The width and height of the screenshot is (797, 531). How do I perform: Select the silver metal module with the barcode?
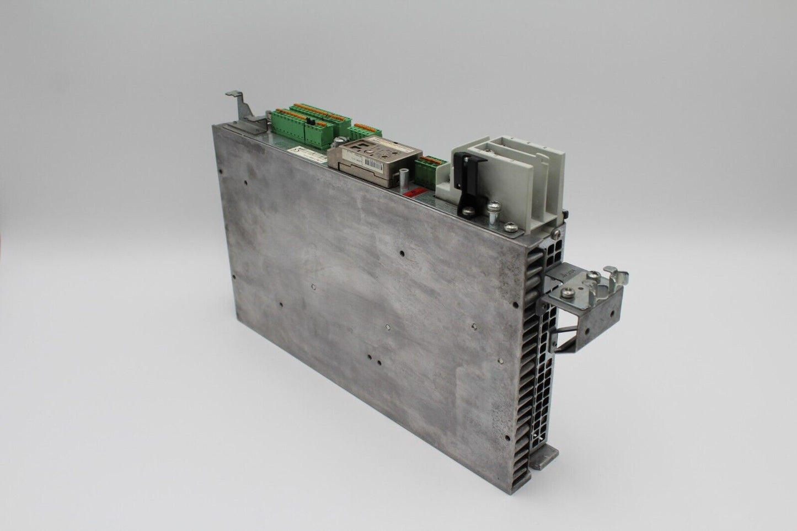point(375,162)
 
